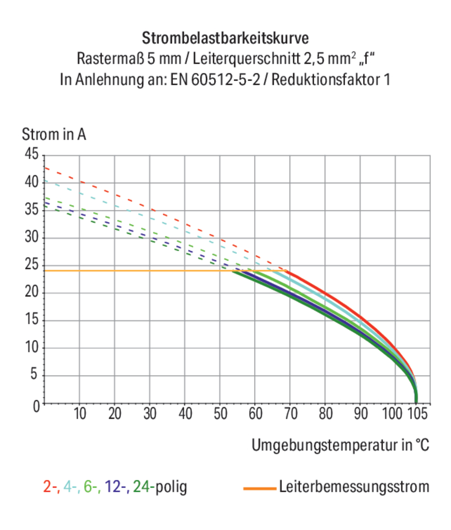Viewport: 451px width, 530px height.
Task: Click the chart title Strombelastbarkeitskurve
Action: click(225, 38)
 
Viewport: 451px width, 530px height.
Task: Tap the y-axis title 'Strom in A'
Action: click(54, 134)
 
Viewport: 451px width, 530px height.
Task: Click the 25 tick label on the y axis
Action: click(31, 265)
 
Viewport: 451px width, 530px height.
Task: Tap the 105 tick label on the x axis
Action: click(417, 413)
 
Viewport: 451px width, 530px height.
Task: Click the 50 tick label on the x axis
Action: click(220, 413)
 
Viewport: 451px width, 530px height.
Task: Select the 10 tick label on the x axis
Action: click(80, 413)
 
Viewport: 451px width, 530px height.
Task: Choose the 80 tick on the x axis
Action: click(325, 413)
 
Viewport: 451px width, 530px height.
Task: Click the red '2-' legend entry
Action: click(51, 486)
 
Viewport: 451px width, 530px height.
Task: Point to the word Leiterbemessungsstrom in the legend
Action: click(354, 486)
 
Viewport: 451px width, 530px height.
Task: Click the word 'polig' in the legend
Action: click(171, 487)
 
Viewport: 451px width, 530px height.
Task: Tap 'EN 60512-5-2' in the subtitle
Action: click(215, 79)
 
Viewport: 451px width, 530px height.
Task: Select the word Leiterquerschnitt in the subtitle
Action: click(246, 59)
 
